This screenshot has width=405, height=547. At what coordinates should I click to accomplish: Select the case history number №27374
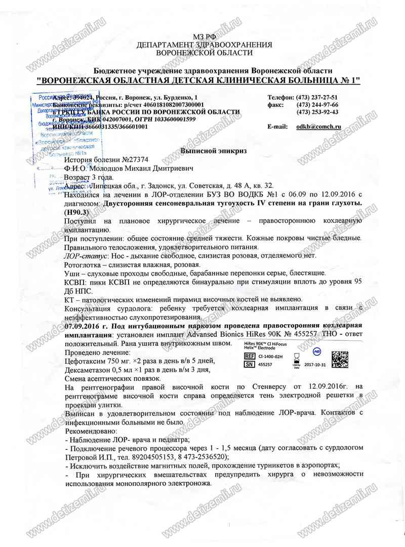125,160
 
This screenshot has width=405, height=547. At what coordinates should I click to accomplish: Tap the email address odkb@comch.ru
318,127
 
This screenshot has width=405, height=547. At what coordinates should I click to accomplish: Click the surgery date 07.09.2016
84,326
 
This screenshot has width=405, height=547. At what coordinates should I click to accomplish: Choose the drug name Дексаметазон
92,370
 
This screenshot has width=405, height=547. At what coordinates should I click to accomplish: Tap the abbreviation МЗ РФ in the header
204,37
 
